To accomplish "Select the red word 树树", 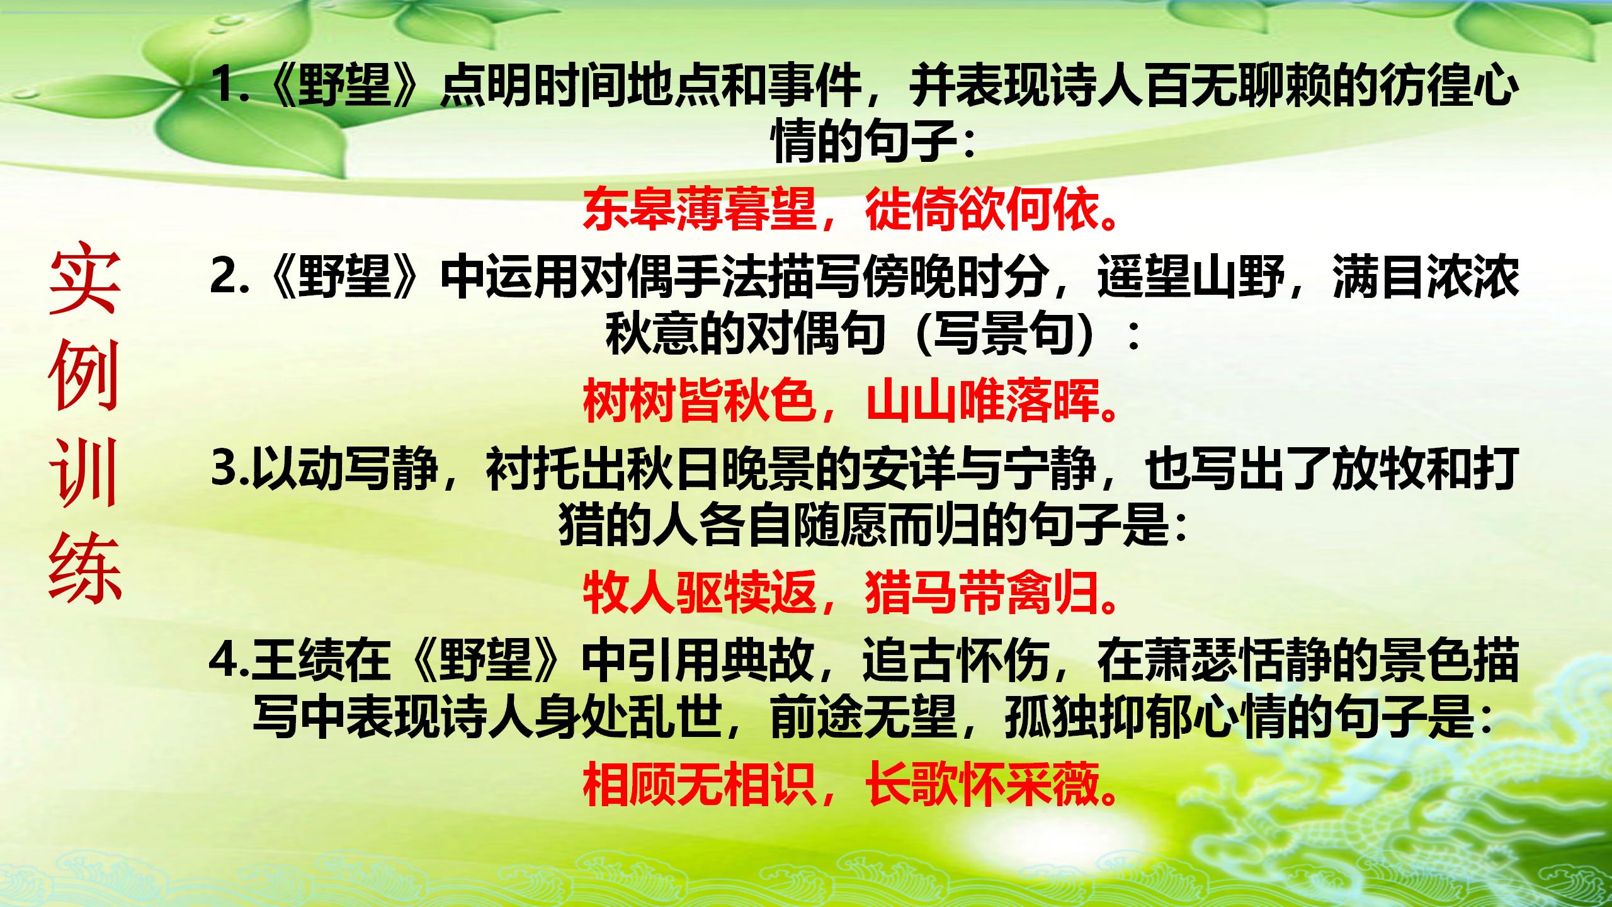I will (x=629, y=401).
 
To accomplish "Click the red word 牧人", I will (x=629, y=594).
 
